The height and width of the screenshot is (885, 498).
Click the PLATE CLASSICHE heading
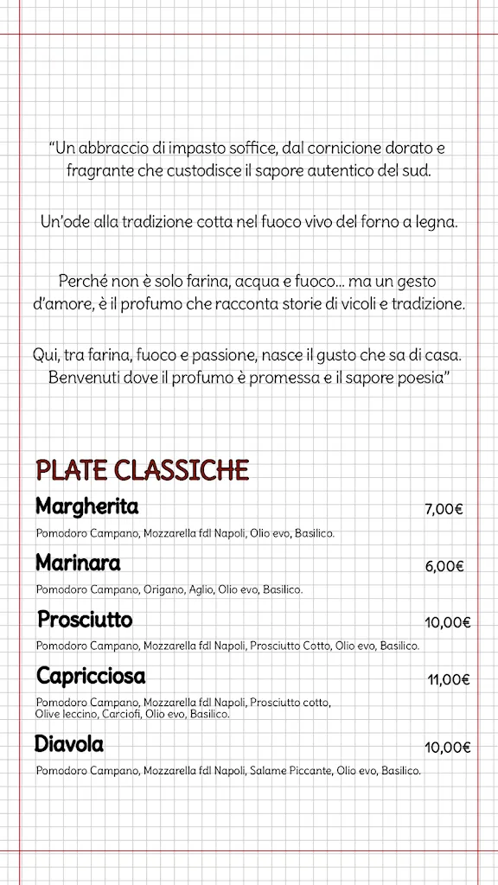pos(143,470)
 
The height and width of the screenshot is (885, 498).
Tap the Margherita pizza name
pos(87,506)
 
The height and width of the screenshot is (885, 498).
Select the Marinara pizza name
pos(78,563)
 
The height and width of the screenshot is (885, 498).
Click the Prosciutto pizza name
pos(85,621)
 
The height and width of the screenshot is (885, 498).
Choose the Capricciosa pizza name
pos(91,676)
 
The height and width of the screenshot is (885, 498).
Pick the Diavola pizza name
pos(69,744)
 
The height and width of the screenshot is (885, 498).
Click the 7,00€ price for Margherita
pos(444,509)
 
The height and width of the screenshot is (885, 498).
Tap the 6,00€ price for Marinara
pos(444,567)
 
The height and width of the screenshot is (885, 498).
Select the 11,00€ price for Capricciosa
pos(448,679)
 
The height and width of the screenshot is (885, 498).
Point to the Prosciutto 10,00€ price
pos(447,622)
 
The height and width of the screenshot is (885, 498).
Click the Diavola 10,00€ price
pos(447,748)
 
